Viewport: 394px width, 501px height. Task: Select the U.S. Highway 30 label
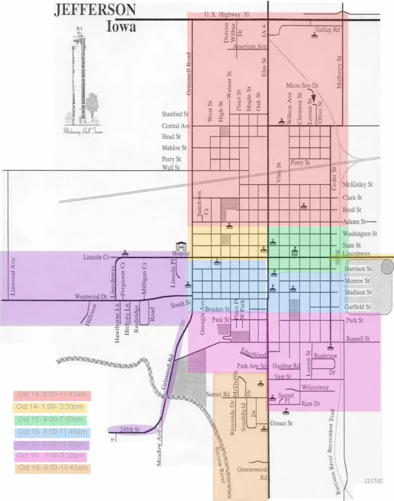[x=227, y=15]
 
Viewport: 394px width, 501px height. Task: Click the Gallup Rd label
[x=327, y=30]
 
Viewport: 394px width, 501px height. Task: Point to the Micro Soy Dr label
[x=302, y=86]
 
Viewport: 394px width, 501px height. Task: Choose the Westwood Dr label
[x=90, y=296]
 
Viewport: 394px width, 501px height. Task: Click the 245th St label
[x=131, y=430]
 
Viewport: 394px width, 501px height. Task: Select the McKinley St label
[x=358, y=185]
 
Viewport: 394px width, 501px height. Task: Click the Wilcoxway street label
[x=315, y=387]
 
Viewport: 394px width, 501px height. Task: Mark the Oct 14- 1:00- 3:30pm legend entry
[x=51, y=407]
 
